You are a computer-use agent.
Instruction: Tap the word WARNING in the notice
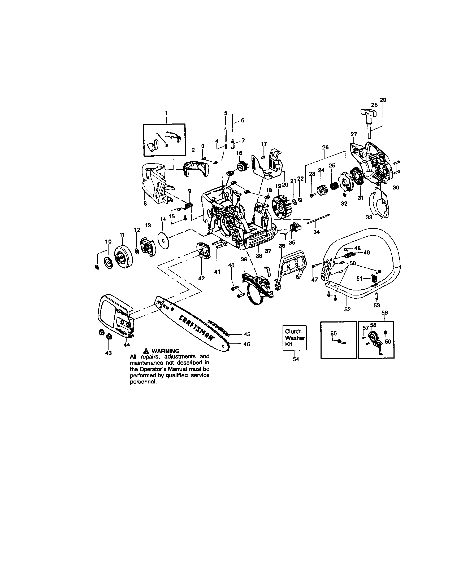pyautogui.click(x=165, y=351)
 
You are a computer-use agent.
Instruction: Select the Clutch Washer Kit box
pyautogui.click(x=295, y=338)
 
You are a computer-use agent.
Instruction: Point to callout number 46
pyautogui.click(x=247, y=344)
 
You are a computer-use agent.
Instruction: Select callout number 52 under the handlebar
pyautogui.click(x=347, y=309)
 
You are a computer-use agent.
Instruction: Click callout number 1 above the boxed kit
pyautogui.click(x=166, y=113)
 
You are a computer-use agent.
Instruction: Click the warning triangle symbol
pyautogui.click(x=146, y=351)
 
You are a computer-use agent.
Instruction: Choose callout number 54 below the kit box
pyautogui.click(x=296, y=359)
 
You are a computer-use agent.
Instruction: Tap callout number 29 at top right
pyautogui.click(x=383, y=100)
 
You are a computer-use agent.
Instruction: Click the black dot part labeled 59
pyautogui.click(x=386, y=332)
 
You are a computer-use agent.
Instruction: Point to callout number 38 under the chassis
pyautogui.click(x=259, y=255)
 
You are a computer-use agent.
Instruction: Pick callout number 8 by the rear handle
pyautogui.click(x=145, y=204)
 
